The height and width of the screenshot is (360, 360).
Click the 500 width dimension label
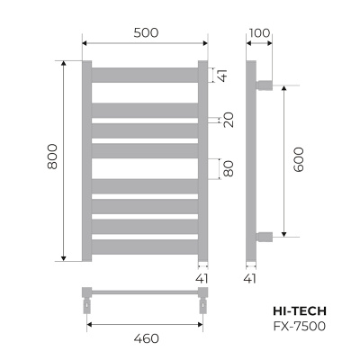pos(145,33)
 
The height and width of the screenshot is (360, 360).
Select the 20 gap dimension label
pos(229,120)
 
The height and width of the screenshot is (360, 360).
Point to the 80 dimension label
pos(229,168)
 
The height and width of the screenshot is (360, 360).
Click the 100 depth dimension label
pos(259,33)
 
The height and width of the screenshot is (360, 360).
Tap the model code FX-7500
pos(299,324)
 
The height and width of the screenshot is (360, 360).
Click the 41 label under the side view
pos(250,279)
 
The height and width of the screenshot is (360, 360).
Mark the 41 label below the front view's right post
pos(202,279)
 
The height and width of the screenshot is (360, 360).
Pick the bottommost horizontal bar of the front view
pos(145,246)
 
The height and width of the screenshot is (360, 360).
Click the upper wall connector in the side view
pos(265,85)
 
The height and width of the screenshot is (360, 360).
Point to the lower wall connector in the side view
pos(265,237)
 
